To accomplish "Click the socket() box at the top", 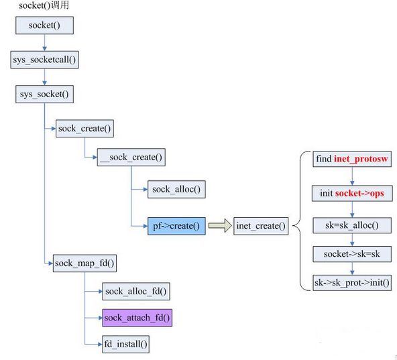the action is [x=44, y=25].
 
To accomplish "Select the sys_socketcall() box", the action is [x=44, y=60].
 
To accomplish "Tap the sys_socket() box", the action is [x=44, y=94].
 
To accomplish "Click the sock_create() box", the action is [x=84, y=129].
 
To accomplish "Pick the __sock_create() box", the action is [x=131, y=158].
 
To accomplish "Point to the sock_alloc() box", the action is [x=176, y=189].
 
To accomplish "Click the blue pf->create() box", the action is [x=176, y=226].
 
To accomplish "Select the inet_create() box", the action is [x=261, y=226].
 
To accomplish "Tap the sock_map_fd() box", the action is [x=84, y=263].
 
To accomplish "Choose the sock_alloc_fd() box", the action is [x=136, y=292].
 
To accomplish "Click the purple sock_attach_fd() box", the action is [x=137, y=318].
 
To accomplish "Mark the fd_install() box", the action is [x=125, y=344].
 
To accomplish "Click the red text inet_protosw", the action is [x=361, y=159].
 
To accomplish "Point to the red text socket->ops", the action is [x=359, y=194].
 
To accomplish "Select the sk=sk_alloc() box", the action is [x=352, y=225].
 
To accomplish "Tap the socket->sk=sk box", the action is [x=352, y=254].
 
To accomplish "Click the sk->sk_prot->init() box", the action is [x=352, y=282].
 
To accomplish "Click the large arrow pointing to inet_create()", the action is [x=220, y=225].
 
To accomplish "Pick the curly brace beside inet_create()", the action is [x=300, y=221].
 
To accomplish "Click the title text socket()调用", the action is [x=44, y=5].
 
